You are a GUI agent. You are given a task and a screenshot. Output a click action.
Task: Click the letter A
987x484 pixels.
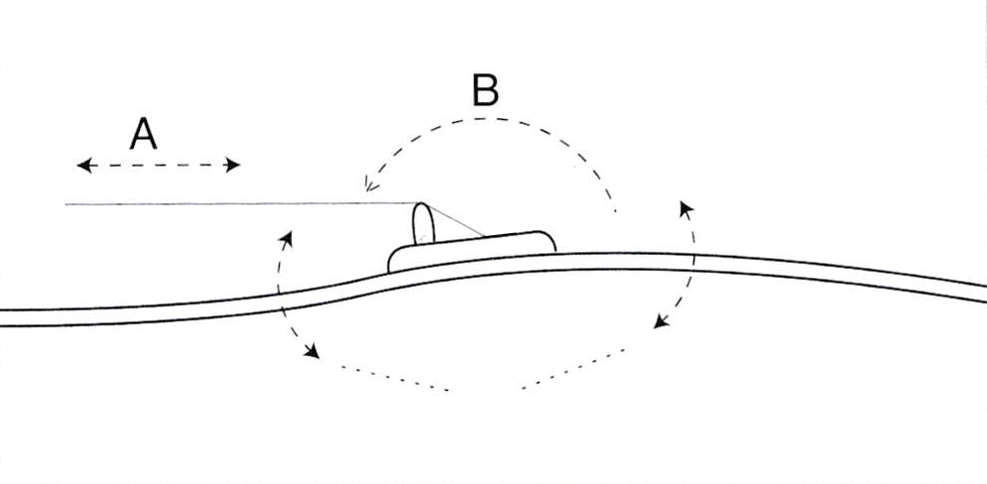pos(143,134)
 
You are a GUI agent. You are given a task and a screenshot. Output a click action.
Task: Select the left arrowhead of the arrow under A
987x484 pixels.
pos(84,166)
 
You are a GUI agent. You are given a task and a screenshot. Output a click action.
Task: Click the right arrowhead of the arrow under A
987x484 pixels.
pos(233,165)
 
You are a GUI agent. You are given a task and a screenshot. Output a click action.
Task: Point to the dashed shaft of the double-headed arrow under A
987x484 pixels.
pos(159,166)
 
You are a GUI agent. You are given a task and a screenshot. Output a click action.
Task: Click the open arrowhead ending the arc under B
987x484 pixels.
pos(370,183)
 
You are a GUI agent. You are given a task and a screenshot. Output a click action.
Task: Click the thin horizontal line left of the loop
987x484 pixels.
pos(242,203)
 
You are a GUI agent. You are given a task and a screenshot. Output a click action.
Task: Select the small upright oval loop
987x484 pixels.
pos(424,223)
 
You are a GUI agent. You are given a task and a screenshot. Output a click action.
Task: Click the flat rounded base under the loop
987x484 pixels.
pos(472,252)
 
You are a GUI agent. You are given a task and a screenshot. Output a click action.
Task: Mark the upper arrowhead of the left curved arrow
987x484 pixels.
pos(287,238)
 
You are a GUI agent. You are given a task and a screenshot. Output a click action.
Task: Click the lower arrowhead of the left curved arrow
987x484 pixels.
pos(311,351)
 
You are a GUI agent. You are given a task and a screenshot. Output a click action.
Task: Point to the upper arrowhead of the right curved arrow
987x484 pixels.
pos(685,208)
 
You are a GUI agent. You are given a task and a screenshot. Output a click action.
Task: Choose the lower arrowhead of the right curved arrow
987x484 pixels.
pos(661,321)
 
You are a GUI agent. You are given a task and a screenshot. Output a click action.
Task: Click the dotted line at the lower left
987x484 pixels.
pos(395,378)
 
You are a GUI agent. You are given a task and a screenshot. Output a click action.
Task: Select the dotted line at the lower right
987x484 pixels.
pos(572,369)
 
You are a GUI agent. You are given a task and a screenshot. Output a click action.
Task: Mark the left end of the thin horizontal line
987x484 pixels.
pos(65,204)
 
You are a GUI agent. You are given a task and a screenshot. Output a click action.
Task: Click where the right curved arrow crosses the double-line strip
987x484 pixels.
pos(693,263)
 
